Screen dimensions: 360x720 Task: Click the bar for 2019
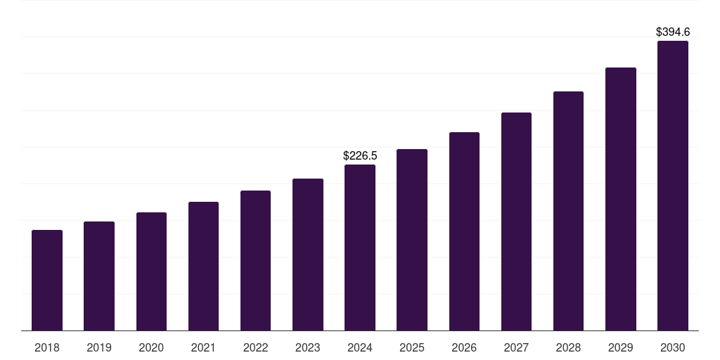(99, 276)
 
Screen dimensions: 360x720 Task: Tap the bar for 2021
(203, 266)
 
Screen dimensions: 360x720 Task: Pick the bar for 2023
(308, 255)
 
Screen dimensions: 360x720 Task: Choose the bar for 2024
(360, 247)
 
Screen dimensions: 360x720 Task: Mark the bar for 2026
(464, 231)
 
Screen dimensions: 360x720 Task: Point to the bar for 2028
(568, 211)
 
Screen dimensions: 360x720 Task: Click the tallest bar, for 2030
(673, 186)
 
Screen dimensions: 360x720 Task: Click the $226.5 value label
(360, 155)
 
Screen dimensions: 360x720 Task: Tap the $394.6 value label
(673, 32)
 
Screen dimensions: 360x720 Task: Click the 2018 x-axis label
(47, 347)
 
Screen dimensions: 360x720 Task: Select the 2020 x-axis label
(151, 347)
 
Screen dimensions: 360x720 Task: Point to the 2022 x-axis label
(255, 347)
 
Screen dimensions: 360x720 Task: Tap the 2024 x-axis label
(360, 347)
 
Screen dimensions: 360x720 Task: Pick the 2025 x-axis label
(412, 347)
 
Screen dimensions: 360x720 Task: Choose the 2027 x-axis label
(516, 347)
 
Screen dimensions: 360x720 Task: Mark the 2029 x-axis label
(620, 347)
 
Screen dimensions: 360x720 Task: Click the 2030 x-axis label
(673, 347)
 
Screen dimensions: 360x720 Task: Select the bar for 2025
(412, 240)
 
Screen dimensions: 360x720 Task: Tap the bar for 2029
(620, 199)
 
